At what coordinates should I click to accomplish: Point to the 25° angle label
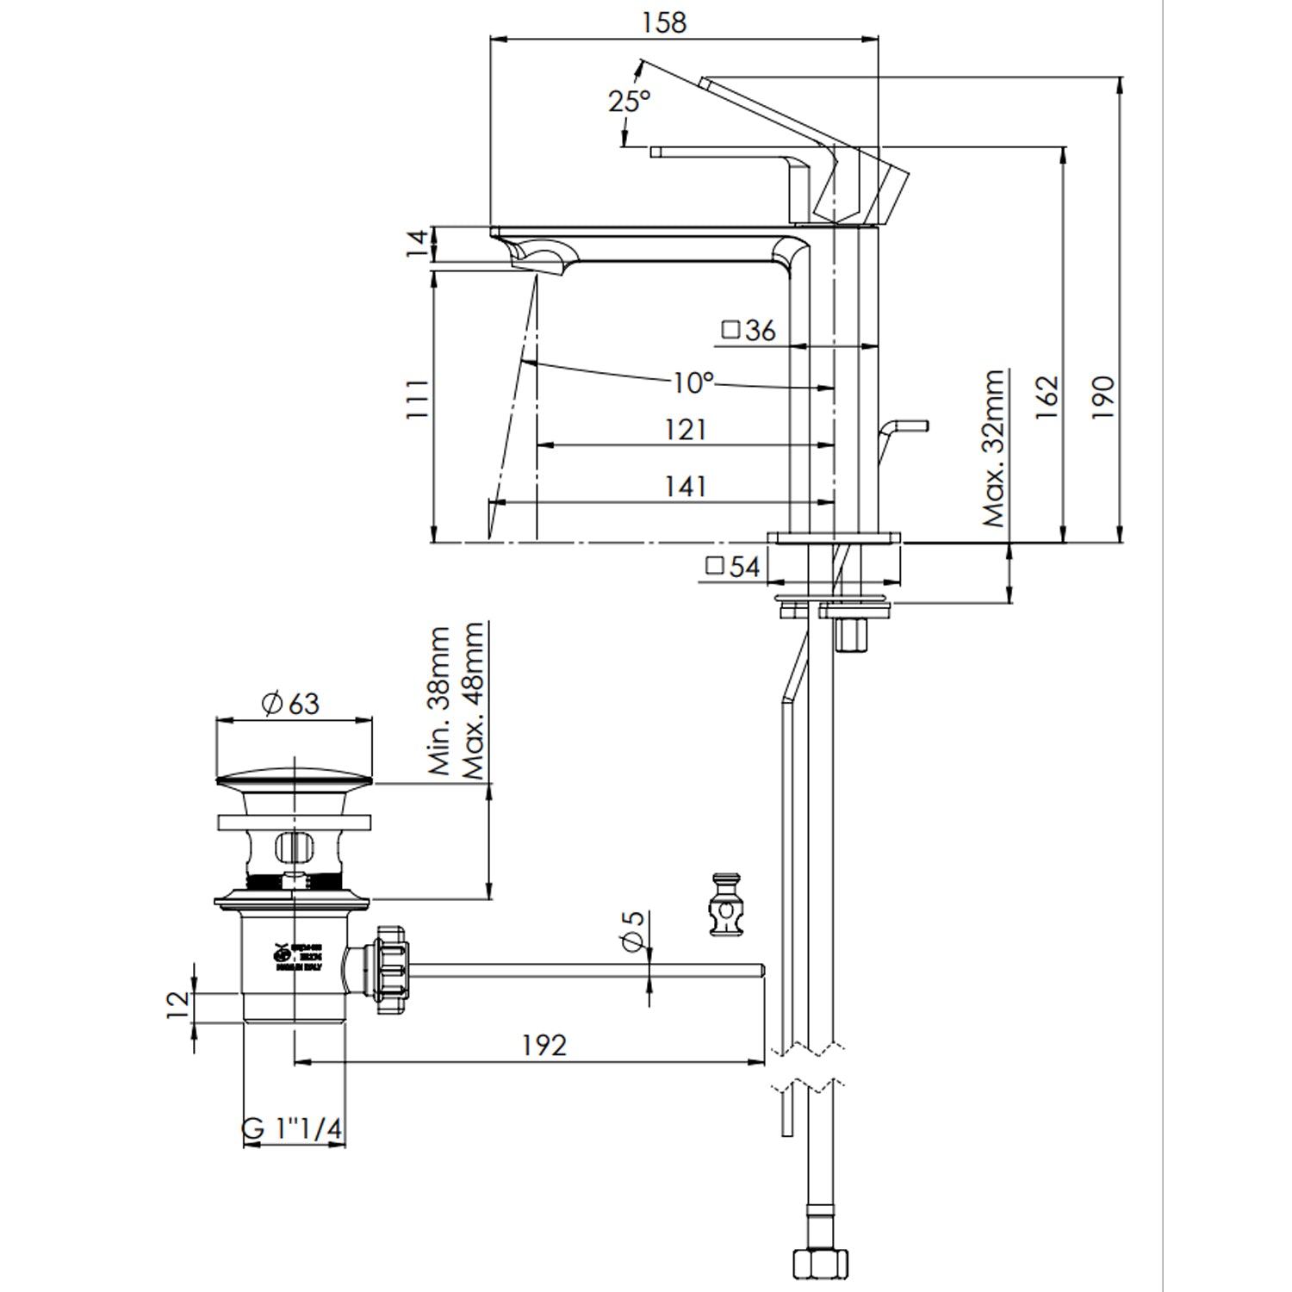[x=629, y=101]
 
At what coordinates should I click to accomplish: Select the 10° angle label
[x=693, y=382]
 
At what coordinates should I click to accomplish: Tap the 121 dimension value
[x=686, y=429]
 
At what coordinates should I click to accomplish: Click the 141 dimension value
[x=686, y=486]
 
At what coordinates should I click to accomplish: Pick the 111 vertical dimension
[x=417, y=398]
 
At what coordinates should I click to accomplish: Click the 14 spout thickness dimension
[x=417, y=244]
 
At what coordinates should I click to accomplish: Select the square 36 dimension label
[x=748, y=330]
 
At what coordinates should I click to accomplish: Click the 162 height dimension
[x=1046, y=396]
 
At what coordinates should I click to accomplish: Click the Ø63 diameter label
[x=289, y=703]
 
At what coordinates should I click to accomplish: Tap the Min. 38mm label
[x=439, y=701]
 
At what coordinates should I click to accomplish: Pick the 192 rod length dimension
[x=544, y=1045]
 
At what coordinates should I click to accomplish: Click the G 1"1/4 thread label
[x=293, y=1129]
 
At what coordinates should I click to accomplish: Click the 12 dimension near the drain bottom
[x=177, y=1004]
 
